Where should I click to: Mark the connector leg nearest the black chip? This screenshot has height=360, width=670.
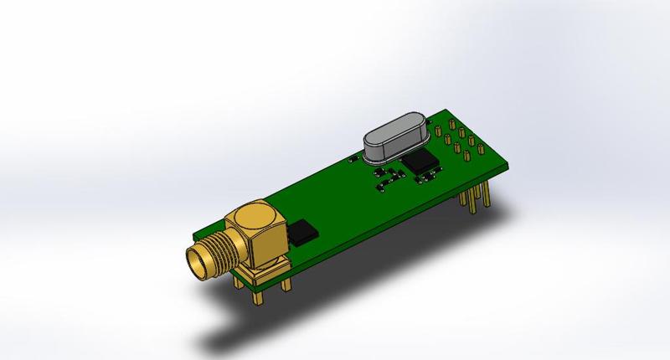[x=286, y=282]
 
